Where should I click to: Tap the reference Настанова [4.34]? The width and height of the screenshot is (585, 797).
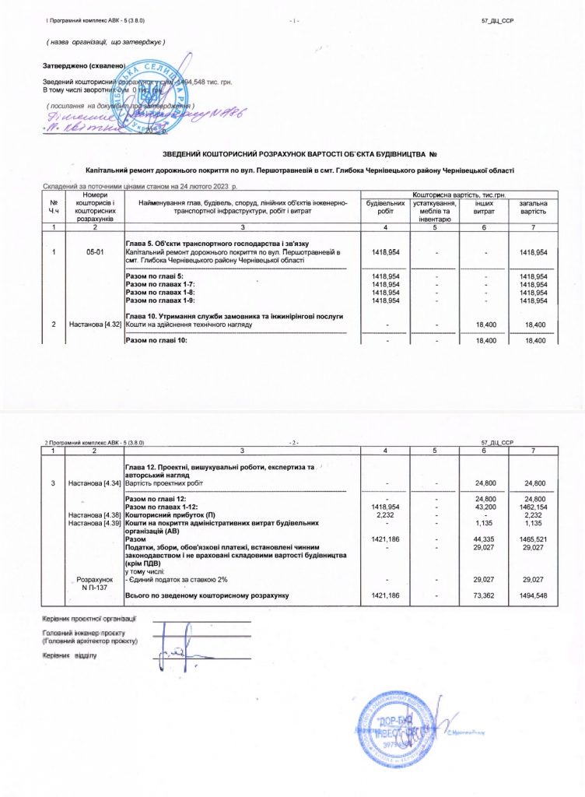pyautogui.click(x=95, y=483)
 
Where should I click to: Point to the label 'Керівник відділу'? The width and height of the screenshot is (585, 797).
pyautogui.click(x=70, y=656)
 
